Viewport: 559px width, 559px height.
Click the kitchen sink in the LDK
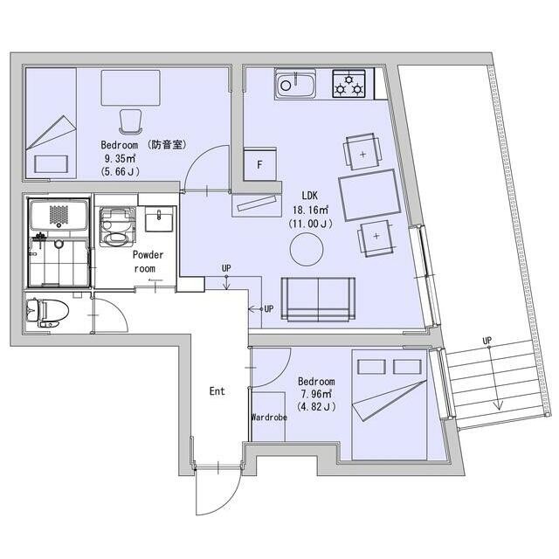295,84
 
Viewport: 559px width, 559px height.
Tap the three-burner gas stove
349,84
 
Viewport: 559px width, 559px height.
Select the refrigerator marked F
260,164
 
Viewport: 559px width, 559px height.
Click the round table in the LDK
307,249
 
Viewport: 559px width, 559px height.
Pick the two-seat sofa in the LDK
318,299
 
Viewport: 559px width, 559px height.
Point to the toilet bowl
47,313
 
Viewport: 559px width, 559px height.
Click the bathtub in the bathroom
59,215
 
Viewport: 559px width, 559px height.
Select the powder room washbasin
159,219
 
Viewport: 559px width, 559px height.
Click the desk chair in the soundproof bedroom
130,121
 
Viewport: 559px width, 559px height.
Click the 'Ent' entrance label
217,391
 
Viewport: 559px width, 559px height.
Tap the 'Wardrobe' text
269,418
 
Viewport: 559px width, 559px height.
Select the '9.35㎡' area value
120,158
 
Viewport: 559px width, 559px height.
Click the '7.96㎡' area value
316,394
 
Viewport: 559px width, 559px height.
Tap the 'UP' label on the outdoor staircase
487,341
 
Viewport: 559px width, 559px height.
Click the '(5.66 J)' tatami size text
121,171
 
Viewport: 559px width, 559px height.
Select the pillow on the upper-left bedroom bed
51,164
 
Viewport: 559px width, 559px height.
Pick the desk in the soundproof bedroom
130,87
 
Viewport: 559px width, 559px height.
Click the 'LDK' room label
309,196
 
